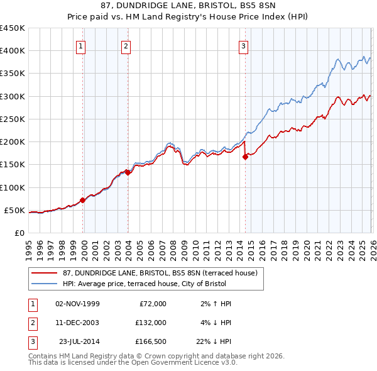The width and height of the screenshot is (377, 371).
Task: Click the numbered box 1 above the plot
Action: point(82,45)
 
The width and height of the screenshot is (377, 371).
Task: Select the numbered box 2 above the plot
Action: point(126,45)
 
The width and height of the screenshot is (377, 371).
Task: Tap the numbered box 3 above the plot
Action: point(243,45)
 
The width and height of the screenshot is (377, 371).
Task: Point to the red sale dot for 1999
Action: point(82,201)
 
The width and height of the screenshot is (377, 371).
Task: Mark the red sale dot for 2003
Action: point(128,172)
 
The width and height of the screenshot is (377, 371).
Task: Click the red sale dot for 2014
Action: point(245,157)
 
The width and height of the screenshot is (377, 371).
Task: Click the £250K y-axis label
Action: point(13,119)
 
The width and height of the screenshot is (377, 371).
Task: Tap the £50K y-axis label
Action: point(15,210)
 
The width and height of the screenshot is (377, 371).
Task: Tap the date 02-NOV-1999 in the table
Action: point(77,304)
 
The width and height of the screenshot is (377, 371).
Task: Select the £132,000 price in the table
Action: point(150,323)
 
